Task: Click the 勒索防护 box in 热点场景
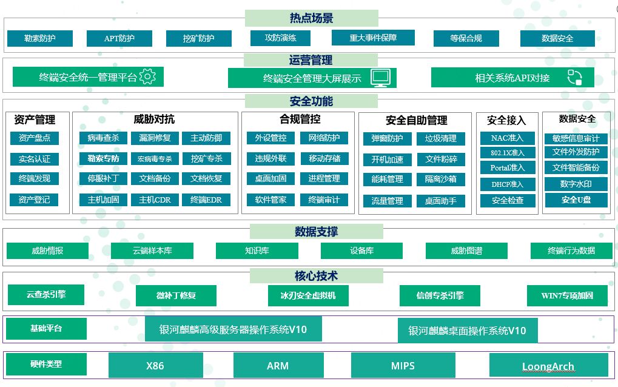(40, 38)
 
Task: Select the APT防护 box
(119, 38)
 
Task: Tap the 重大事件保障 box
(373, 38)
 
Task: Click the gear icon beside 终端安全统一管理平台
(148, 76)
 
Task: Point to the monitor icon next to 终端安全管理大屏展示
(381, 78)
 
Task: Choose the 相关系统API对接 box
(512, 77)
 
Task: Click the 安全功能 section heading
(311, 101)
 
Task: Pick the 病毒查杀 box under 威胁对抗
(103, 138)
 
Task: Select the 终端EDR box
(206, 200)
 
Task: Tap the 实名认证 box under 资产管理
(35, 159)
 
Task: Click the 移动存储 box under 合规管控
(324, 158)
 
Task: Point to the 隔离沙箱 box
(441, 180)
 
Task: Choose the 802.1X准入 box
(508, 152)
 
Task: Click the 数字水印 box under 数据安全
(576, 184)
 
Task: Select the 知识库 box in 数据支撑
(257, 251)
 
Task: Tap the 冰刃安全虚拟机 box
(308, 295)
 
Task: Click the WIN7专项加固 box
(567, 295)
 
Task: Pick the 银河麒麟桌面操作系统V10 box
(468, 330)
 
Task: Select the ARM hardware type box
(278, 365)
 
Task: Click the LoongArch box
(548, 365)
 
